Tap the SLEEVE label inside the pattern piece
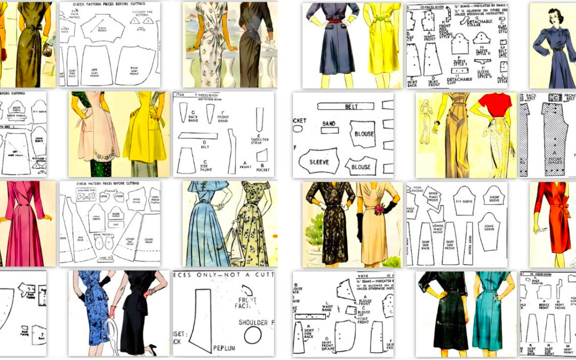318,162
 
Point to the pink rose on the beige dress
380,210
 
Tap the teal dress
490,315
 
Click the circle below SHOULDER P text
253,335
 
